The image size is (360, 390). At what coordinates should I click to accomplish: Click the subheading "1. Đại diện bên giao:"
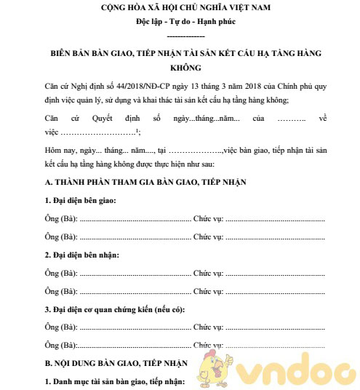click(79, 199)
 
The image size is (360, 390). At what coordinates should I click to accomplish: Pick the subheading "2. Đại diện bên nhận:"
click(81, 255)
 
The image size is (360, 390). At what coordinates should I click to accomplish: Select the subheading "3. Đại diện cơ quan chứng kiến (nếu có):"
click(114, 310)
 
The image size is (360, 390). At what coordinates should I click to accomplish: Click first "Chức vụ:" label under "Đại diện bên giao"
click(208, 218)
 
